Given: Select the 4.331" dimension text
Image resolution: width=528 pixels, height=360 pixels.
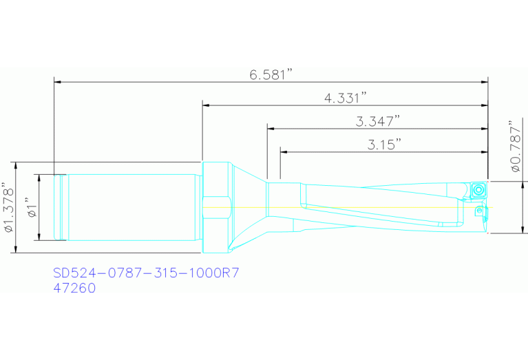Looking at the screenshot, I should pyautogui.click(x=346, y=98).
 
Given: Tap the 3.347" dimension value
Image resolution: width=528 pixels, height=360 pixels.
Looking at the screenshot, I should pyautogui.click(x=379, y=122).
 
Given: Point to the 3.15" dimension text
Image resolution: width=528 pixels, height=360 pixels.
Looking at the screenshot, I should pyautogui.click(x=384, y=145).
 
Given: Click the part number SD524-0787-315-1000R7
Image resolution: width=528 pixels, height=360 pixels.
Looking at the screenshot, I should pyautogui.click(x=146, y=273).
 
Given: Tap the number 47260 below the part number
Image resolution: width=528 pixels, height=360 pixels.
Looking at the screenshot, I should pyautogui.click(x=74, y=288).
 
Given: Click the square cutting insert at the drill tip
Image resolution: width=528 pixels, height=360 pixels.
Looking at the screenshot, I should pyautogui.click(x=478, y=190).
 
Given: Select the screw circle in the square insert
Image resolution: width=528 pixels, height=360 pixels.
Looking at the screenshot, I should pyautogui.click(x=478, y=190).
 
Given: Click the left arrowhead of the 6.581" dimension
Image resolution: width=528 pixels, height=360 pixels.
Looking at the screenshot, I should pyautogui.click(x=58, y=82).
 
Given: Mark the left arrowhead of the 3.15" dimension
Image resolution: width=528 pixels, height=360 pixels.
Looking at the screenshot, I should pyautogui.click(x=284, y=151).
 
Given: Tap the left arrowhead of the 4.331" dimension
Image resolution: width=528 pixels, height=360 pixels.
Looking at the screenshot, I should pyautogui.click(x=206, y=105).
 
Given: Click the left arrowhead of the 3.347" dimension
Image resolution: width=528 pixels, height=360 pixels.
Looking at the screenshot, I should pyautogui.click(x=271, y=128).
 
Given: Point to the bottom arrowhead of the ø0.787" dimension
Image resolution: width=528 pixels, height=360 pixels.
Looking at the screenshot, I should pyautogui.click(x=525, y=230).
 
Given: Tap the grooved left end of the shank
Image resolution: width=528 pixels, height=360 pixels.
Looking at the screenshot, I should pyautogui.click(x=61, y=207).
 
